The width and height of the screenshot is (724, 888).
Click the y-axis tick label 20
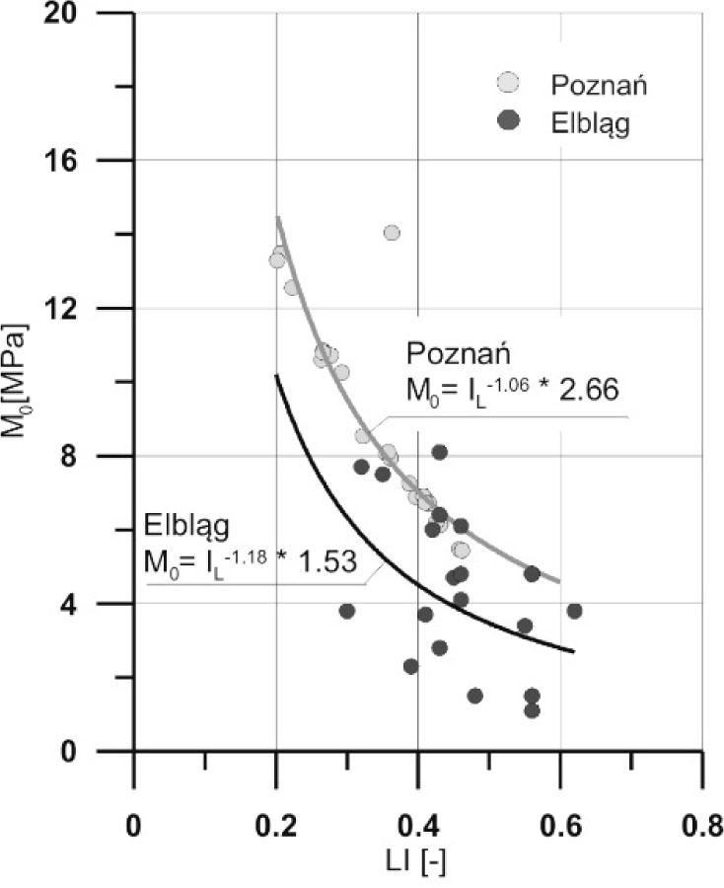click(x=90, y=14)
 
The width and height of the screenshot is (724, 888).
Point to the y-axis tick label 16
click(x=90, y=161)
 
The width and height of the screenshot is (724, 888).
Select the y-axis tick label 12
click(x=90, y=308)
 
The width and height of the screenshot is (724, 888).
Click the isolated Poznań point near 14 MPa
click(x=392, y=233)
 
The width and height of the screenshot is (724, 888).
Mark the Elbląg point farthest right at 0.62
click(x=574, y=611)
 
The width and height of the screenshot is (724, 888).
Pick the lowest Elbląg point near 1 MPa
click(x=533, y=710)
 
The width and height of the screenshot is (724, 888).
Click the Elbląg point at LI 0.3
click(x=347, y=611)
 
